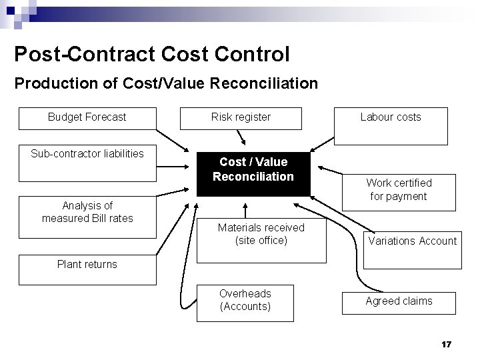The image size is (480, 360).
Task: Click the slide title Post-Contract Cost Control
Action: coord(151,54)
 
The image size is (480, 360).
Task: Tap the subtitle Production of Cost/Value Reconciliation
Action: coord(166,84)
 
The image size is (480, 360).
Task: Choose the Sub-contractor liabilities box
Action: coord(87,163)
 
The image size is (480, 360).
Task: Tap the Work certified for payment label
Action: coord(399,189)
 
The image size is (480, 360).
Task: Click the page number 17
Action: coord(447,344)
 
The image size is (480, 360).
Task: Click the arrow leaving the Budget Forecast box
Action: coord(173,142)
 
